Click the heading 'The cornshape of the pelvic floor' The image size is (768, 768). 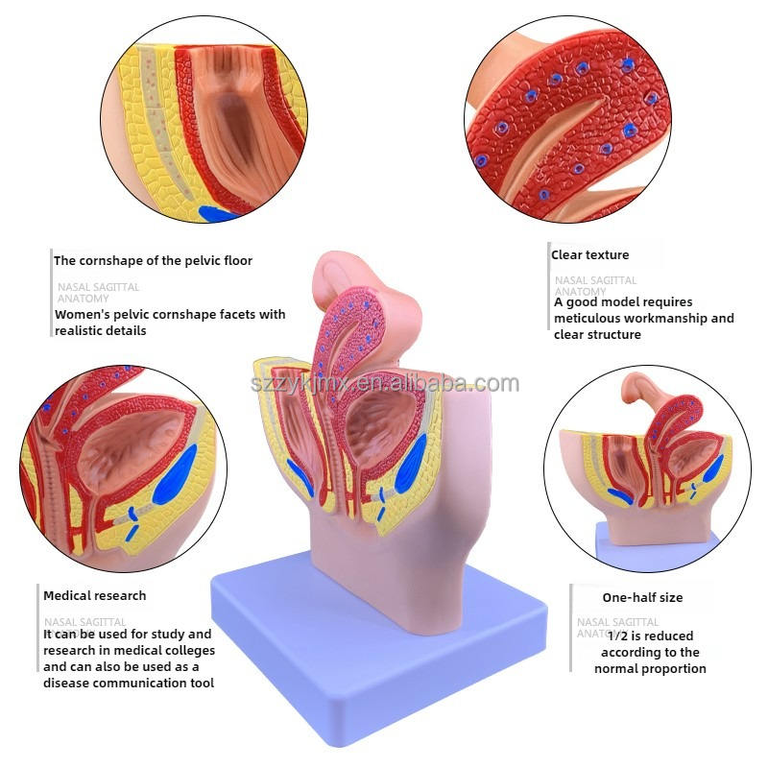click(153, 260)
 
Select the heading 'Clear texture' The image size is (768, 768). click(589, 255)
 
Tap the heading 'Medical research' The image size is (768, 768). click(94, 595)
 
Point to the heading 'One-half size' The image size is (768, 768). click(642, 597)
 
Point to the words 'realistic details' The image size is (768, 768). click(101, 330)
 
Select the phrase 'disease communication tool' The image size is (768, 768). click(128, 683)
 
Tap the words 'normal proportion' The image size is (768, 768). click(650, 668)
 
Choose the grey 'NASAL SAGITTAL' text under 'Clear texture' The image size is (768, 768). click(595, 280)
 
